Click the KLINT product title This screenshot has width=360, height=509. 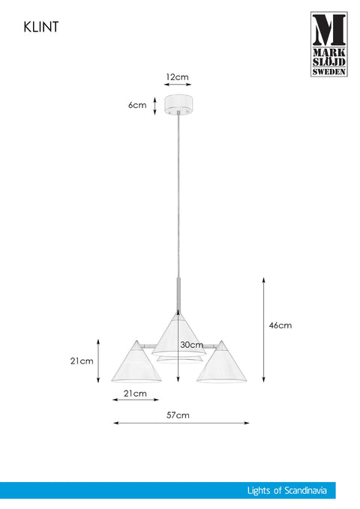(x=41, y=27)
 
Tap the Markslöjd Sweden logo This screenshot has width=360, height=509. (x=328, y=44)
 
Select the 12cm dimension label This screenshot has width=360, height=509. (x=177, y=77)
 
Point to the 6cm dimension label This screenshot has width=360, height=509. (x=137, y=105)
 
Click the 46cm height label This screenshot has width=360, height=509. (x=280, y=325)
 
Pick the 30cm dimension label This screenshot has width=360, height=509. (x=192, y=345)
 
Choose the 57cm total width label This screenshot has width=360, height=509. (x=178, y=415)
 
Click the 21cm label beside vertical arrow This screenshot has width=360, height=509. (x=82, y=361)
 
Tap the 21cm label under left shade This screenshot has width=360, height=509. (x=135, y=394)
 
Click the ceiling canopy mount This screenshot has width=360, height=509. (x=178, y=105)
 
